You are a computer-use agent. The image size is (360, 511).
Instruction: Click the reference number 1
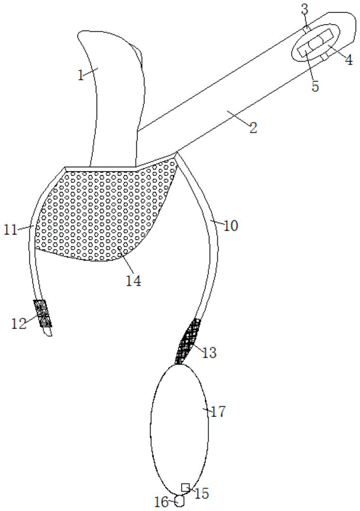point(81,75)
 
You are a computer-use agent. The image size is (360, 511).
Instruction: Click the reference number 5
point(316,86)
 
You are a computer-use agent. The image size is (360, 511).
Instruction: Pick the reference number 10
point(231,225)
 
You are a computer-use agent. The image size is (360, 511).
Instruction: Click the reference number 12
point(19,323)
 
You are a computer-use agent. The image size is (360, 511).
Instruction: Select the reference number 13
point(209,352)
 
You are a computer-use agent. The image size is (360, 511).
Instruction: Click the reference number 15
point(201,493)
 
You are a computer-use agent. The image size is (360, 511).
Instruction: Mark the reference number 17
point(218,412)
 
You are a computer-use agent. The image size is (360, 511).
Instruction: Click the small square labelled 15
point(185,486)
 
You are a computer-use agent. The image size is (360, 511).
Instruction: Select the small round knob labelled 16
point(179,501)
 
